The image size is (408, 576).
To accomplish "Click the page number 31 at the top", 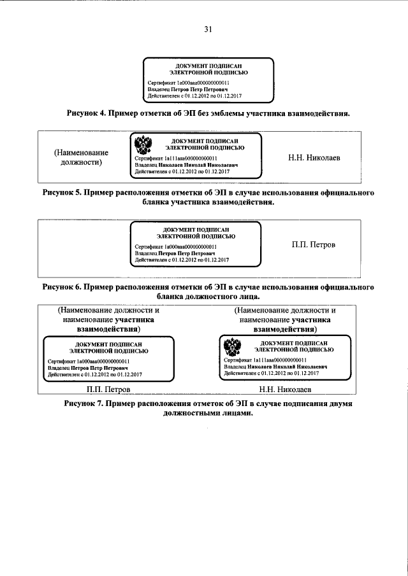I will pos(208,29).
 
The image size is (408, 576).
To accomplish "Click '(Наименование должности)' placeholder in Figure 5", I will pos(81,157).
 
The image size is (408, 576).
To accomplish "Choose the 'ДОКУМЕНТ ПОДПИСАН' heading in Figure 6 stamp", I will pos(196,229).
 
